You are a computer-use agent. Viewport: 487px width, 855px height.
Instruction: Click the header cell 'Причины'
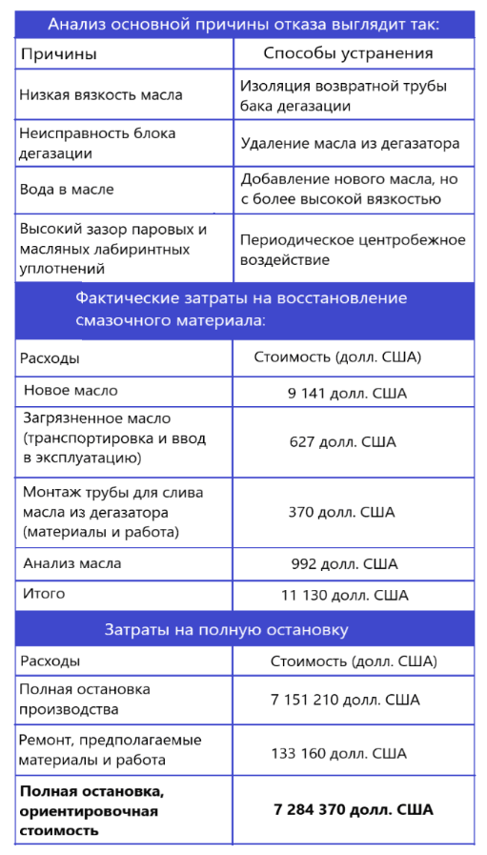(x=58, y=54)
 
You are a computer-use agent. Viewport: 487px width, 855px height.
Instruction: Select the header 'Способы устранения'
(x=348, y=53)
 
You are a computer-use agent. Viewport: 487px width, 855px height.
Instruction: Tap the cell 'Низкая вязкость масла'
(x=101, y=95)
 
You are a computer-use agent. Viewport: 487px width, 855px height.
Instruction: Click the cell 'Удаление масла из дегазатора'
(x=350, y=143)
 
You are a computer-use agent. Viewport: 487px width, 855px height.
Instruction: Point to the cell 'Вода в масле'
(x=67, y=189)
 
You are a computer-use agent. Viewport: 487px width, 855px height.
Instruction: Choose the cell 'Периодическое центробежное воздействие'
(x=353, y=249)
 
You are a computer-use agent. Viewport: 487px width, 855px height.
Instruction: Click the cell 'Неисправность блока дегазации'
(x=97, y=143)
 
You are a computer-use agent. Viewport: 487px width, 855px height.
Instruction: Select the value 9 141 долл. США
(x=346, y=392)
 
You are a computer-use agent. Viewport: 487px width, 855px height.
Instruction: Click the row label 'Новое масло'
(x=71, y=391)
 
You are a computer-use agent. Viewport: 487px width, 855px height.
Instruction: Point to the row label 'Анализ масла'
(x=72, y=563)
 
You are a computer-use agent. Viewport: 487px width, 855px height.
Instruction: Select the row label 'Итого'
(x=44, y=594)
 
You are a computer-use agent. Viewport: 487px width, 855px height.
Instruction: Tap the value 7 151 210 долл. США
(x=345, y=700)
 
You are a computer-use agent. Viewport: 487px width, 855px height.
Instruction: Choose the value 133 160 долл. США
(x=338, y=753)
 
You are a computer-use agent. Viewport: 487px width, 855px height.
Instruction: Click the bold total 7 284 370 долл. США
(x=353, y=809)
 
